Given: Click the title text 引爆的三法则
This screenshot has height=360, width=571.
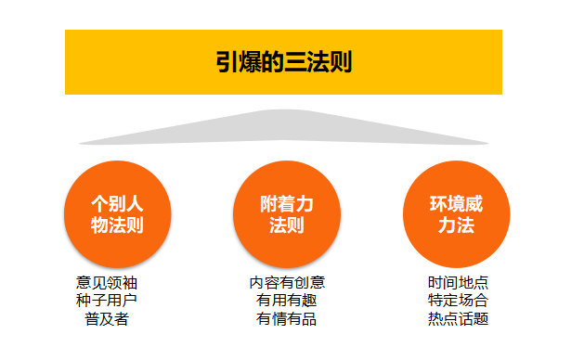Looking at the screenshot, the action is point(284,62).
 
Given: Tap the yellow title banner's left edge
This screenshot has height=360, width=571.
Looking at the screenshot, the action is point(66,62).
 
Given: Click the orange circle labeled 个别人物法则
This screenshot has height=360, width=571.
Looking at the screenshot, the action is point(118,214).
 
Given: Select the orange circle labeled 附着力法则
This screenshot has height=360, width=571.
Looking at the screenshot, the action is point(287,214).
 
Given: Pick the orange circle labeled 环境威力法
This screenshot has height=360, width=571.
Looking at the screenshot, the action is point(456,214).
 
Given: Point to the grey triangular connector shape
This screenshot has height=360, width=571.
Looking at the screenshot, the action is point(284,127).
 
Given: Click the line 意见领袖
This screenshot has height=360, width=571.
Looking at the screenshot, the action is point(107,283).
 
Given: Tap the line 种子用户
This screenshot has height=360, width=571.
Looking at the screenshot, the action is point(107,301).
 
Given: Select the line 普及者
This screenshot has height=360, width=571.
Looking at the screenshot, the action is point(107,319).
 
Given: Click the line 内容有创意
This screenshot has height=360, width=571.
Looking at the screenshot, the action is point(287,283).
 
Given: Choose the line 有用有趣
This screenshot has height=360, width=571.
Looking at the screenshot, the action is point(287,301).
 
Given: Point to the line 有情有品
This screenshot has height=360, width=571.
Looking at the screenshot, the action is point(287,319).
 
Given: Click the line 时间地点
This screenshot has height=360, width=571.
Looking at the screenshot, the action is point(458,283).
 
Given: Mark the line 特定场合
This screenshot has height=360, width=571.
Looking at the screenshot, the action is point(458,301).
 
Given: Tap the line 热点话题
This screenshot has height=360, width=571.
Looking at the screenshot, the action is point(458,319).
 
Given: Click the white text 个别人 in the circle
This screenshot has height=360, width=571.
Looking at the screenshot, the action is point(117,204).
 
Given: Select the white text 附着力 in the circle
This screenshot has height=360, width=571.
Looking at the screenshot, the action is point(287,204).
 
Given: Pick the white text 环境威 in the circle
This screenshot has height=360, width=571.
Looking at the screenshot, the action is point(456,204).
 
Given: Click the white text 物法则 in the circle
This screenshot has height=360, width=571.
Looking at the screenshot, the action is point(117,225).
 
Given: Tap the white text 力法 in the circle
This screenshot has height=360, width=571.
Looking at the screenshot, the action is point(456,225).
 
